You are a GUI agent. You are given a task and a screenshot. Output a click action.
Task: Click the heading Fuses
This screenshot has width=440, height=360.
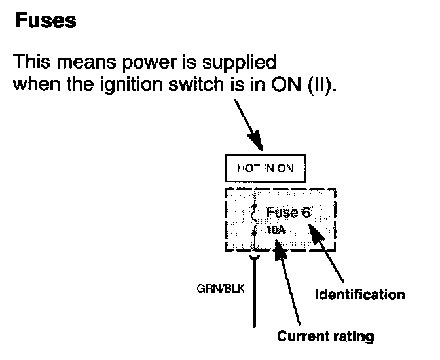(45, 21)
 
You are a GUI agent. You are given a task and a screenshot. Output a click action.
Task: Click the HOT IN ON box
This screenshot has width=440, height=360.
(265, 168)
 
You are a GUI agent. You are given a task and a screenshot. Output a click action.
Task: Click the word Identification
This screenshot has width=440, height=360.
(360, 294)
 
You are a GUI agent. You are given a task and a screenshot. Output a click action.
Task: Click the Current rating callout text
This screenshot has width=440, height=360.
(325, 336)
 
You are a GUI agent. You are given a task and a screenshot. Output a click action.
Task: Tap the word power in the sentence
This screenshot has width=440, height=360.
(147, 63)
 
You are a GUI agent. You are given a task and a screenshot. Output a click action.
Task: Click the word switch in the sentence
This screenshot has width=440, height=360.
(215, 85)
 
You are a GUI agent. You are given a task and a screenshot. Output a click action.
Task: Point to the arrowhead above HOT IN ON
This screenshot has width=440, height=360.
(257, 142)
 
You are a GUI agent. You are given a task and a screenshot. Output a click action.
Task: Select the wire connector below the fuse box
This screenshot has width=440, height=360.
(253, 261)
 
